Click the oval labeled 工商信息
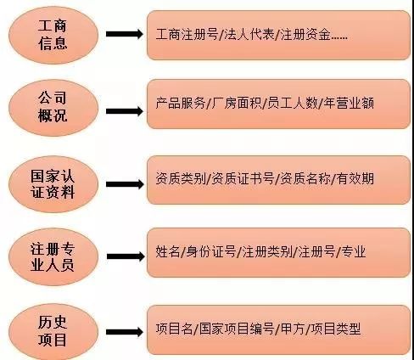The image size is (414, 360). point(53,35)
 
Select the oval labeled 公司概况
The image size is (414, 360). point(53,108)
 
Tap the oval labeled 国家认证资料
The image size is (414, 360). point(53,184)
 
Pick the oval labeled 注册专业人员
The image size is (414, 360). point(53,256)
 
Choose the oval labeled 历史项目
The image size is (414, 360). point(53,332)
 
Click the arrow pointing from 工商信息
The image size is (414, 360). point(125,34)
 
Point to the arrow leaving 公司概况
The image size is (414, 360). point(125,111)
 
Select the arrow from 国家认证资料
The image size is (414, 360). point(125,184)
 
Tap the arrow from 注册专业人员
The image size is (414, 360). point(126,256)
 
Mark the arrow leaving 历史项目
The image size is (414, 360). point(125,332)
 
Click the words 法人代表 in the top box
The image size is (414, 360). point(249,35)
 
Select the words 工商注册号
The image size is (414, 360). point(187,35)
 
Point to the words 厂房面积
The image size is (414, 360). point(237,103)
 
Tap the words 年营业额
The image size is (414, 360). point(349,103)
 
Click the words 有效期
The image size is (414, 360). point(355,178)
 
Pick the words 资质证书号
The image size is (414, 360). point(243,178)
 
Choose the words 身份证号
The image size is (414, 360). point(211,251)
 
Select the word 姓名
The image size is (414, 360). point(168,251)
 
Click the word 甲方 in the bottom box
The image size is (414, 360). point(293,329)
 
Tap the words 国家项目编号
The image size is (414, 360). point(237,329)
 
